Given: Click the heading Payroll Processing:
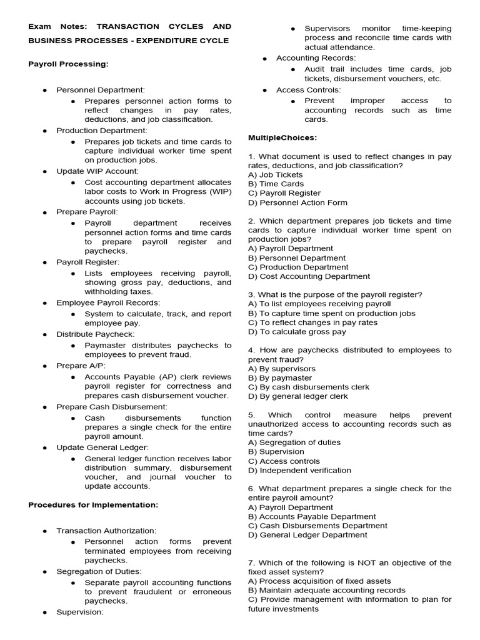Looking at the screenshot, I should coord(68,64).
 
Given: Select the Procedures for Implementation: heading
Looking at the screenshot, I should coord(93,504).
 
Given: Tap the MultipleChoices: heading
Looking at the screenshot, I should coord(282,137).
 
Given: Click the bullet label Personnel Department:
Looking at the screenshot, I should coord(101,91).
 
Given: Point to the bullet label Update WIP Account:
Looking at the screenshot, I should coord(97,171).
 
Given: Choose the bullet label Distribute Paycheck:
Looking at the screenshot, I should coord(95,334).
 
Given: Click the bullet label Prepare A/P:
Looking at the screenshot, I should coord(81,365).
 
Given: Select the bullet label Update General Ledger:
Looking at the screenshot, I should coord(102,447).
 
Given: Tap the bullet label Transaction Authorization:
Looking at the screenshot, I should coord(106,531).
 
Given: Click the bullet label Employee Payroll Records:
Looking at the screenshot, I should coord(108,302).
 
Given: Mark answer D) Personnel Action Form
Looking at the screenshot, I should coord(297,202).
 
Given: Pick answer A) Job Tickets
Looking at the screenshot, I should coord(275,175).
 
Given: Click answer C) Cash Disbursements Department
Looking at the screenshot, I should coord(317,526).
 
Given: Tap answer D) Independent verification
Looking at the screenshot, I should coord(299,471).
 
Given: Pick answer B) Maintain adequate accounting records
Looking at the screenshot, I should coord(327,590).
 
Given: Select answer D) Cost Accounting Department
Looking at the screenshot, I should coord(309,276).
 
